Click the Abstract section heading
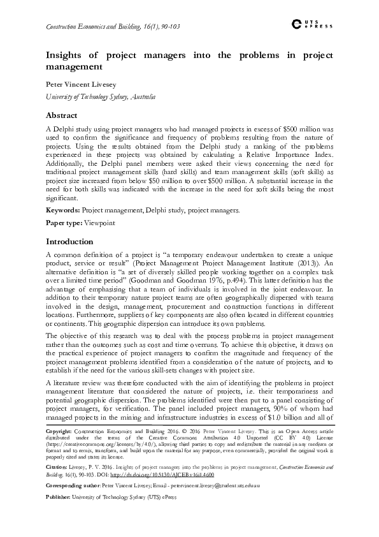pos(62,115)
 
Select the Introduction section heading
pos(70,242)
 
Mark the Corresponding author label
pos(73,485)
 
